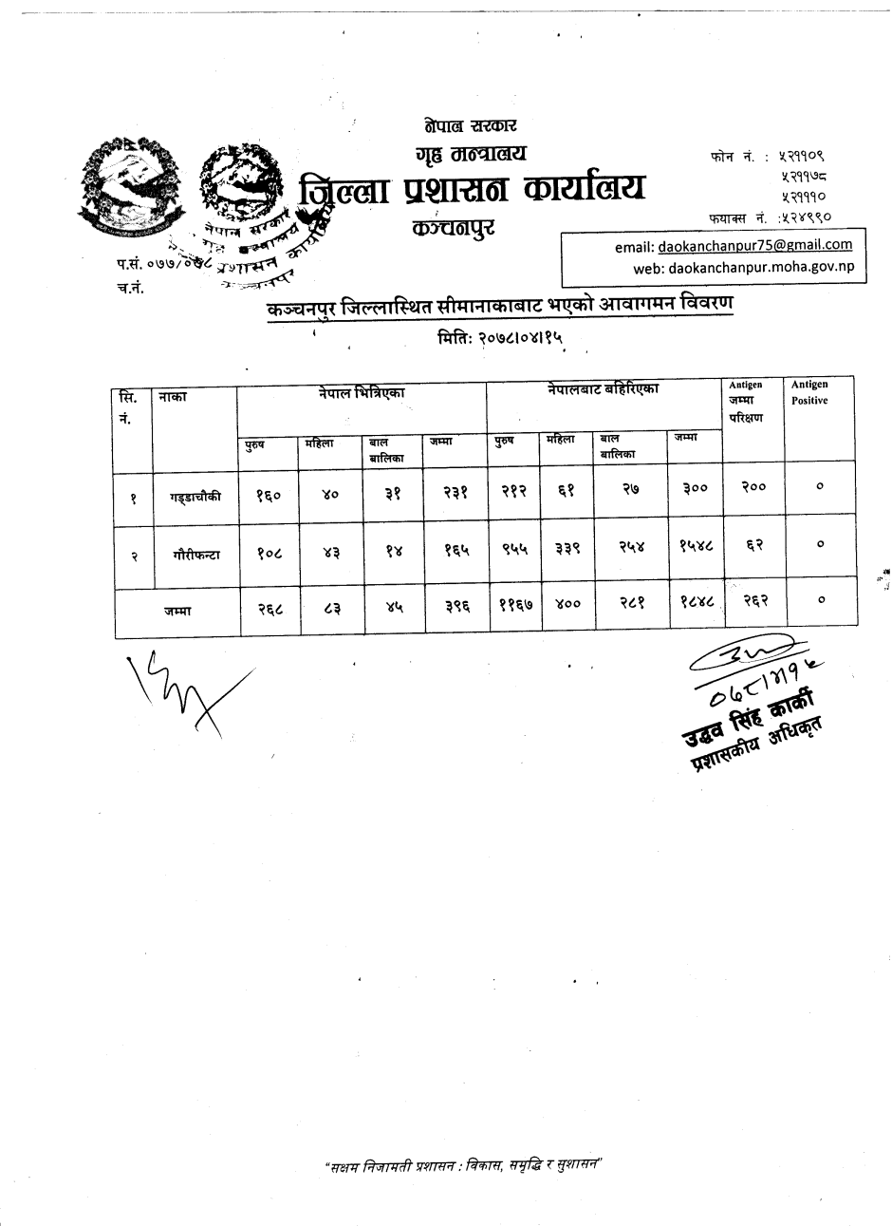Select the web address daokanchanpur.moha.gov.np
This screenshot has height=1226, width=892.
[761, 267]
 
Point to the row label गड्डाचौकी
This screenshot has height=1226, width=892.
[195, 495]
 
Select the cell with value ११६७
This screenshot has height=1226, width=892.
[513, 601]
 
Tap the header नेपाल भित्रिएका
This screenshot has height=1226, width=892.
[362, 389]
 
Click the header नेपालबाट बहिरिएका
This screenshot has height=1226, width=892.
[603, 388]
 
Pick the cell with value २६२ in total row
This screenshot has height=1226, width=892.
[754, 599]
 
